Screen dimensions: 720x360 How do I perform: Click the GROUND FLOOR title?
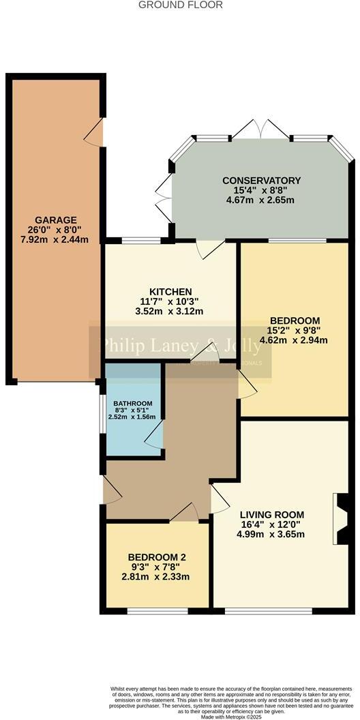pyautogui.click(x=181, y=5)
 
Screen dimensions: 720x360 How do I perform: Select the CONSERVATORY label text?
pyautogui.click(x=261, y=180)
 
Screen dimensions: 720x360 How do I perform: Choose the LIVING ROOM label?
pyautogui.click(x=271, y=514)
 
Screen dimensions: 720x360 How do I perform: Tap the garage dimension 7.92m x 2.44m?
pyautogui.click(x=55, y=240)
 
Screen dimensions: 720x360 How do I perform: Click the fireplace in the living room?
pyautogui.click(x=337, y=518)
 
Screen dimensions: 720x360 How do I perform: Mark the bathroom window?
pyautogui.click(x=100, y=413)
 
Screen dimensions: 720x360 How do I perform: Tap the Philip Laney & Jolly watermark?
pyautogui.click(x=181, y=346)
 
